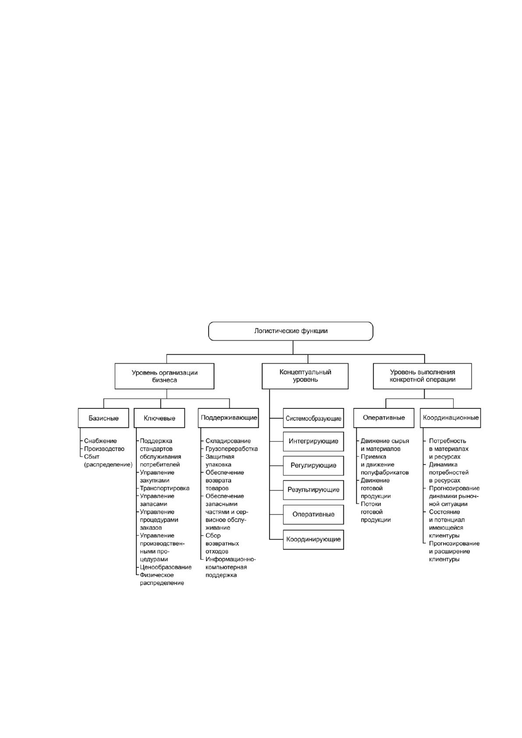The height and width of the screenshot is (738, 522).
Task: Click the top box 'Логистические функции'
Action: click(291, 331)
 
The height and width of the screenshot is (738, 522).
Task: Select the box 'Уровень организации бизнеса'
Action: click(164, 376)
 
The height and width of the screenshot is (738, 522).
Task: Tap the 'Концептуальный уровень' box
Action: click(305, 376)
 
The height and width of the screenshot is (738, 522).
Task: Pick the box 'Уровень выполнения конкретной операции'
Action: click(423, 376)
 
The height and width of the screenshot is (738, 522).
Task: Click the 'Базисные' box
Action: click(103, 418)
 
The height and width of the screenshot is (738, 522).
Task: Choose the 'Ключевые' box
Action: click(160, 418)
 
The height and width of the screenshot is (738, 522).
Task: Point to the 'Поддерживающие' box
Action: click(229, 418)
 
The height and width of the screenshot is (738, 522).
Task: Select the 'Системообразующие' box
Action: click(313, 419)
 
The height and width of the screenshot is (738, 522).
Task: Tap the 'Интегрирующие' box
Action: click(313, 441)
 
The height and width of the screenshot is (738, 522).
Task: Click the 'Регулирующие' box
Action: click(313, 465)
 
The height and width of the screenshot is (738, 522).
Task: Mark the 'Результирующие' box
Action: click(313, 490)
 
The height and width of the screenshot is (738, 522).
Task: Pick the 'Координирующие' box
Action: click(313, 539)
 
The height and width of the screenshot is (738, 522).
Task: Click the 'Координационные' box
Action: click(451, 418)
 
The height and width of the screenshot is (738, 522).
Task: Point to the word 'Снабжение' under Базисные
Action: click(100, 441)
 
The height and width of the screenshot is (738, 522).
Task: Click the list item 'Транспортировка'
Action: click(165, 488)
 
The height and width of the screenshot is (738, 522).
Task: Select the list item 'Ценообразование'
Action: click(166, 567)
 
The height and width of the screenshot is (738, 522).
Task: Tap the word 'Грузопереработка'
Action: click(232, 449)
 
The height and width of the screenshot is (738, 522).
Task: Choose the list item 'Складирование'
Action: click(228, 441)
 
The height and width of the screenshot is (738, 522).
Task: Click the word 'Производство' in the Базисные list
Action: click(104, 449)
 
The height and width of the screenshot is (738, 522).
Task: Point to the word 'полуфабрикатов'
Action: click(384, 472)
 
